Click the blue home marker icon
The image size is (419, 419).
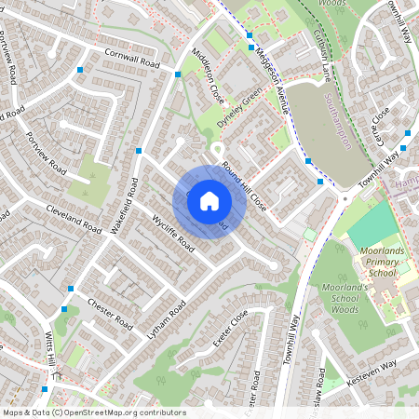[209, 201]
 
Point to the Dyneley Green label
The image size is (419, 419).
[240, 108]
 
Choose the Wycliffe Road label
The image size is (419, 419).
[173, 233]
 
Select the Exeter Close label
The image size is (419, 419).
[229, 330]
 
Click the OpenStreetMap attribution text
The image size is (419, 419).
[94, 412]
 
